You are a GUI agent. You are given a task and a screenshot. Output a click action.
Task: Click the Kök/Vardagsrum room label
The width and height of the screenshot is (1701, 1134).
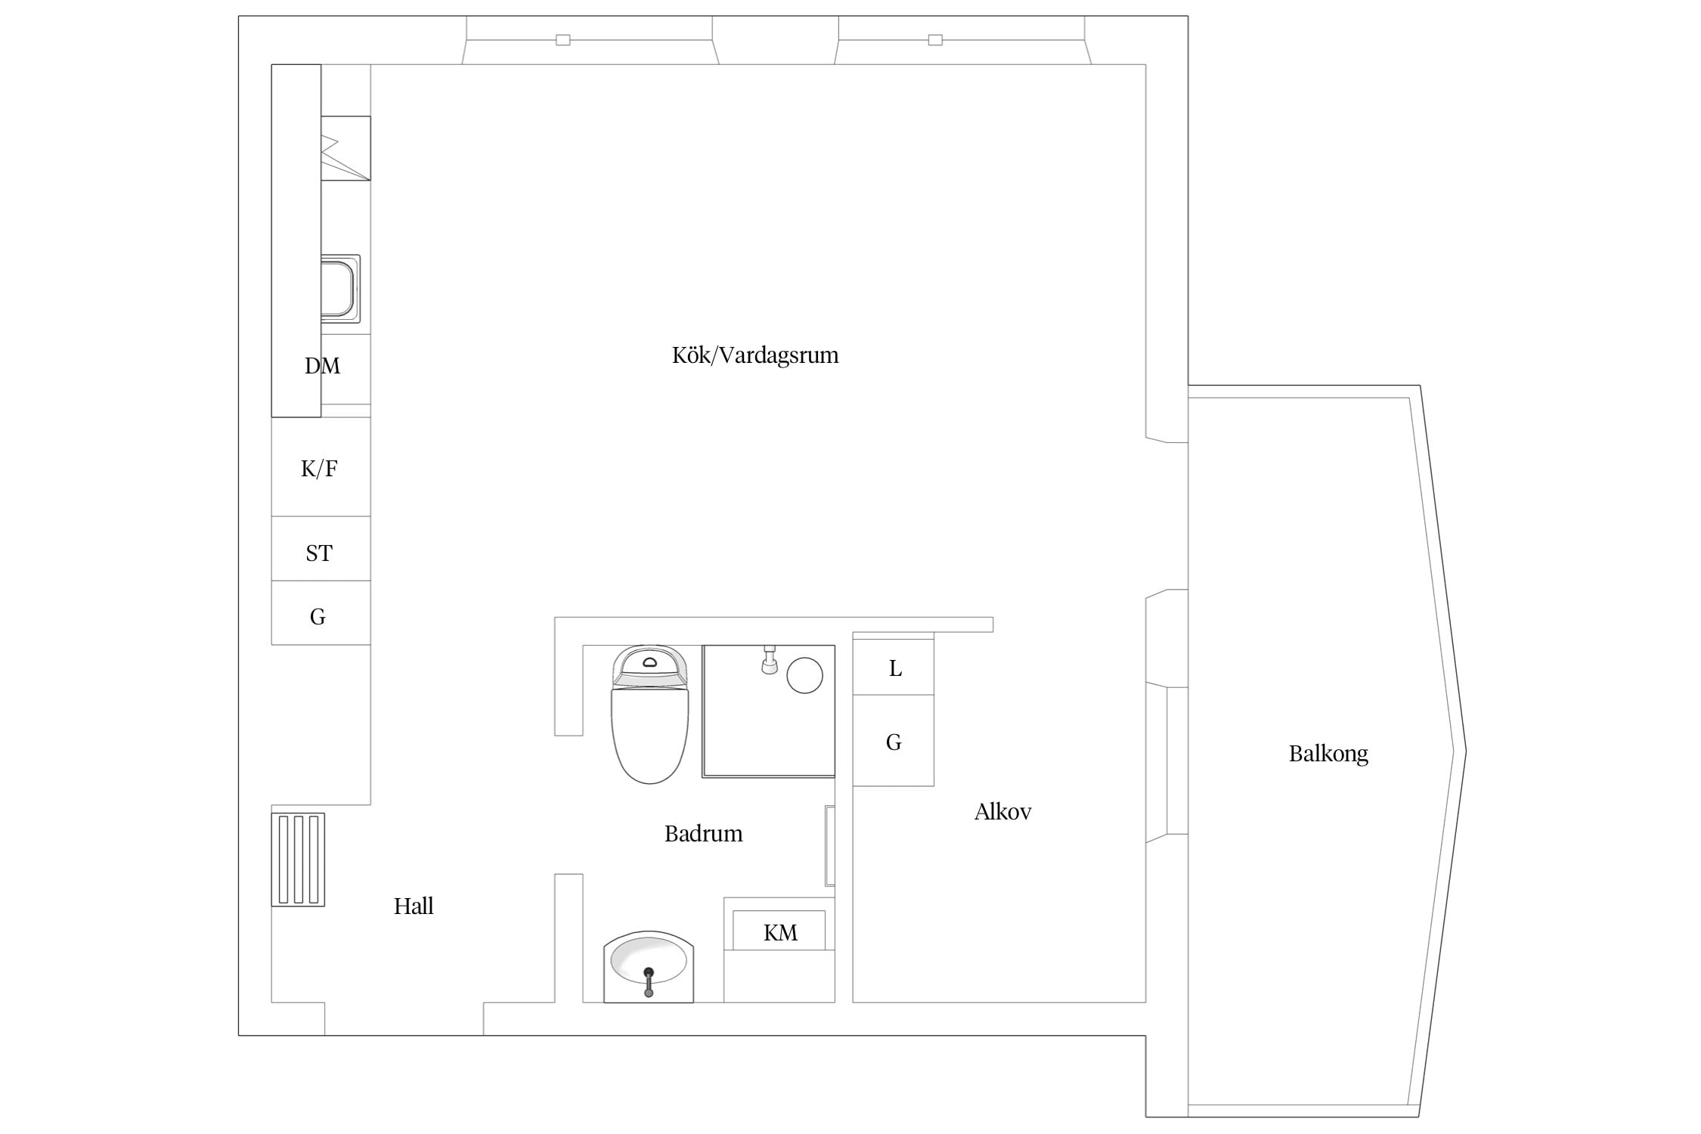[x=755, y=355]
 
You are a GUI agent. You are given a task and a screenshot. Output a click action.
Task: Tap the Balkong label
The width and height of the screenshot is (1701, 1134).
[x=1328, y=754]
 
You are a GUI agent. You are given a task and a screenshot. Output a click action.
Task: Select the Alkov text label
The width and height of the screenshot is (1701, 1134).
[x=1002, y=812]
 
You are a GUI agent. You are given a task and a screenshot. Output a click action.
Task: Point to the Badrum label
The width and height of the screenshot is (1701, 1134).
[x=703, y=834]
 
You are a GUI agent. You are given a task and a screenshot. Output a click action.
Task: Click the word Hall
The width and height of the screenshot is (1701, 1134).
[x=414, y=906]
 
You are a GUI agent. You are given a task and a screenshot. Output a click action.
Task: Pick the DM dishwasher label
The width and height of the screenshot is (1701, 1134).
[x=322, y=367]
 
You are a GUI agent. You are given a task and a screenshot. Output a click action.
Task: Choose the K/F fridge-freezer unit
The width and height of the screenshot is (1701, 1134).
[x=321, y=467]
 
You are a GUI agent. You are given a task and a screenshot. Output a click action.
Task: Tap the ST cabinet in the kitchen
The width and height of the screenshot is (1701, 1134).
[x=321, y=549]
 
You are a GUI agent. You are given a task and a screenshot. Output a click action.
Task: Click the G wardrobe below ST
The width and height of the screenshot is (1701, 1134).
[x=321, y=613]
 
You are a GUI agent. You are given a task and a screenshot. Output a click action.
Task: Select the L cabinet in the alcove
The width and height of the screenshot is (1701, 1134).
[x=894, y=667]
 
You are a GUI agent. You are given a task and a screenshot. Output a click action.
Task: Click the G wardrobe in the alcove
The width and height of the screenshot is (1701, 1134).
[x=894, y=740]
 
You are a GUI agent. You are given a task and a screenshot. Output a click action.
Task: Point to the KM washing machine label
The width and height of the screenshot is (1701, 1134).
[x=780, y=933]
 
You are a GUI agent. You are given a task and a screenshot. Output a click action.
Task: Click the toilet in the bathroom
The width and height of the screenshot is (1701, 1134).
[x=650, y=714]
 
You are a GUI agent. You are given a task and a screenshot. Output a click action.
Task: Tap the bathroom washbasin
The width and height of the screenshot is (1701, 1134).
[x=649, y=967]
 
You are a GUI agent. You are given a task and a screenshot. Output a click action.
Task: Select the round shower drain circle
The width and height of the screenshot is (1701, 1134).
[x=804, y=675]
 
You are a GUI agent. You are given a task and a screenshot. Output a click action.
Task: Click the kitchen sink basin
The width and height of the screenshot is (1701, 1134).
[x=339, y=289]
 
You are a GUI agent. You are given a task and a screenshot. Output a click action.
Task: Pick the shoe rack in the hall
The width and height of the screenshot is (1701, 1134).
[x=298, y=860]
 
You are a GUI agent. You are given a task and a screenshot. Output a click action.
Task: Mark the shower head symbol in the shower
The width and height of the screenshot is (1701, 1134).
[x=770, y=660]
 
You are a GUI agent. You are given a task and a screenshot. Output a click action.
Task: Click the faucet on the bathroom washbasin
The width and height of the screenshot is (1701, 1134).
[x=649, y=982]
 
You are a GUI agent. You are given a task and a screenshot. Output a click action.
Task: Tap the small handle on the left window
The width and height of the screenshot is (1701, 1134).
[x=563, y=40]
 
